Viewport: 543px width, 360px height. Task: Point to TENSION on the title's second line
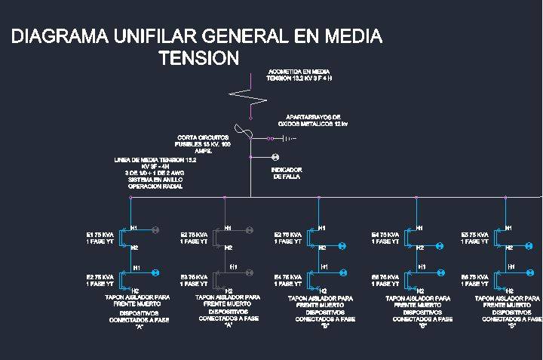199,58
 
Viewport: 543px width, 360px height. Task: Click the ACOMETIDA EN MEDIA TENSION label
299,74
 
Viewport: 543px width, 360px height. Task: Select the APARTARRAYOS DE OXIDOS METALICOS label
312,120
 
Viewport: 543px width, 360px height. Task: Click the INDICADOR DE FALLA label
287,173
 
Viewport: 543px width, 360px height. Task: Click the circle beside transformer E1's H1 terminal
156,229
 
